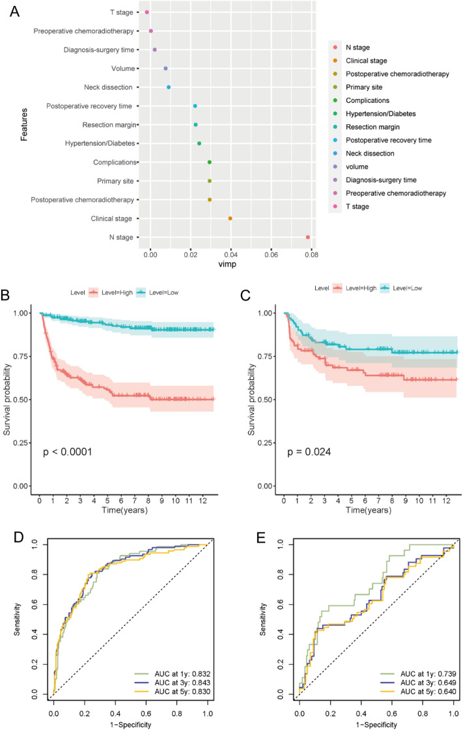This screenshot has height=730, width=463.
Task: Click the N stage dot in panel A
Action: coord(307,237)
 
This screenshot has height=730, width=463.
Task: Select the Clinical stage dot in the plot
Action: coord(230,219)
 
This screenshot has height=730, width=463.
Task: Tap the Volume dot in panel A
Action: coord(165,68)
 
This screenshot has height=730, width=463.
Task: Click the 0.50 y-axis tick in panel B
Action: coord(23,399)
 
